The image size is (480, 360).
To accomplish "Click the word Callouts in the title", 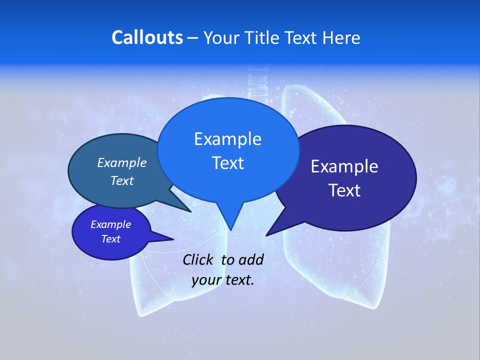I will (147, 37).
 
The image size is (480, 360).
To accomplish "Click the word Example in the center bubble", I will (227, 139).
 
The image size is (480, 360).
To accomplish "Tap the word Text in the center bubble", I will (227, 163).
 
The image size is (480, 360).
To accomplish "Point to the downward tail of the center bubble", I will (230, 220).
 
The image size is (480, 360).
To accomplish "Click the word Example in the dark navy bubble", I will (344, 166).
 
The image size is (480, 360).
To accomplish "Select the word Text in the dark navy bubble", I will (344, 190).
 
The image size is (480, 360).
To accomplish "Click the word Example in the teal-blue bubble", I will (121, 162).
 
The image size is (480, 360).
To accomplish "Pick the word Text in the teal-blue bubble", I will (121, 180).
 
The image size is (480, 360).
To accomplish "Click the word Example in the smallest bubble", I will (110, 224).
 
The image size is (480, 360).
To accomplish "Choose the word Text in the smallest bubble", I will (110, 239).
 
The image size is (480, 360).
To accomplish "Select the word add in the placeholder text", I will (250, 259).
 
